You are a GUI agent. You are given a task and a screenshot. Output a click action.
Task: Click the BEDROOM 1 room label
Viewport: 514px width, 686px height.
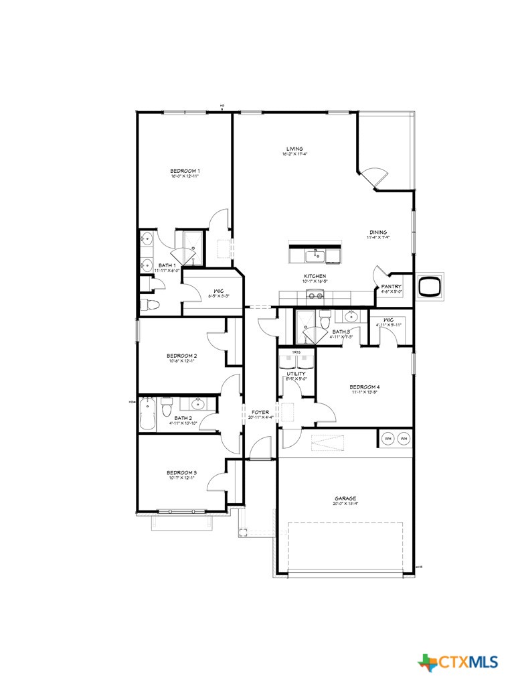click(x=185, y=171)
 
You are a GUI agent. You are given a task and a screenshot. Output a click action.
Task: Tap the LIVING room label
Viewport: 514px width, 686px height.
click(x=294, y=149)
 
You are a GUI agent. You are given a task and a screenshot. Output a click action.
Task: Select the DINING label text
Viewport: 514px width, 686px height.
click(x=378, y=232)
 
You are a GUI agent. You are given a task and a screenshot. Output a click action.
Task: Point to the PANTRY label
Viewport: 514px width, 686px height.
click(x=392, y=286)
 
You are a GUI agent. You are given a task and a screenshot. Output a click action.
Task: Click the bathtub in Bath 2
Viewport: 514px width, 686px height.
click(x=147, y=414)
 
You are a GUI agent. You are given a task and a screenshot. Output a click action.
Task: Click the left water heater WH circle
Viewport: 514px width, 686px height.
click(x=388, y=439)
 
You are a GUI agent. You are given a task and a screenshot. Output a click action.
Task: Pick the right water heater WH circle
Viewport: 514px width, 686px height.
click(x=403, y=439)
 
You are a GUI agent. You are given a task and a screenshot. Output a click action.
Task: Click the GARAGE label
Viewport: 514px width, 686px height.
click(x=345, y=498)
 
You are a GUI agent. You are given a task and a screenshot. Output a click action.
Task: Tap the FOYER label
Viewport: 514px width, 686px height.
click(x=260, y=412)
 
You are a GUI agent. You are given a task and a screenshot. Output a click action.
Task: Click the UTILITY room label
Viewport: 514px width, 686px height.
click(x=296, y=374)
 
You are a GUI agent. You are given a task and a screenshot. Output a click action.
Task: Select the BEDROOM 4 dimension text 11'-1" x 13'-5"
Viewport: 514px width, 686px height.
click(x=365, y=393)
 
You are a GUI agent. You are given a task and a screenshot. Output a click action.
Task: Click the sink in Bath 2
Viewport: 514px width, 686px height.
click(x=198, y=404)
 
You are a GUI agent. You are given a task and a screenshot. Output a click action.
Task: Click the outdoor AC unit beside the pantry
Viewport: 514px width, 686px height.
click(x=428, y=286)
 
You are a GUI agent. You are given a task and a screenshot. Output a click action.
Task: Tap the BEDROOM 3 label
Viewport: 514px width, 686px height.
click(x=181, y=472)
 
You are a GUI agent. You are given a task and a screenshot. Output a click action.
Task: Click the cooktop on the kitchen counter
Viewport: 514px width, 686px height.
click(x=315, y=295)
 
